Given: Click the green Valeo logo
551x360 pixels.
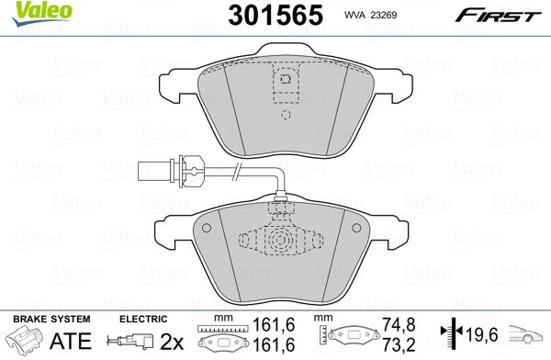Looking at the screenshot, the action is coord(42,14).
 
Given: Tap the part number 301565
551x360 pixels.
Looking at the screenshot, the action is coord(275,16).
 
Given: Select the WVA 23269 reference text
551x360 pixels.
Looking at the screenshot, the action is coord(370,15).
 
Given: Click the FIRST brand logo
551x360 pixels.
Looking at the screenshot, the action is coord(499,17).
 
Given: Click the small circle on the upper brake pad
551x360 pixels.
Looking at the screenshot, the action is coord(286,115).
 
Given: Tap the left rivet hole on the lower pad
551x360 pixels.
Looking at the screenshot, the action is coord(207,228).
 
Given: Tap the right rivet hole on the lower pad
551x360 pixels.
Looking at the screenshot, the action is coord(356,228).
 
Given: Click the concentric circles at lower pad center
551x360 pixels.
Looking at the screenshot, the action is coord(280,240).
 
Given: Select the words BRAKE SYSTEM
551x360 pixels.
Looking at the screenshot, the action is coord(51,320).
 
